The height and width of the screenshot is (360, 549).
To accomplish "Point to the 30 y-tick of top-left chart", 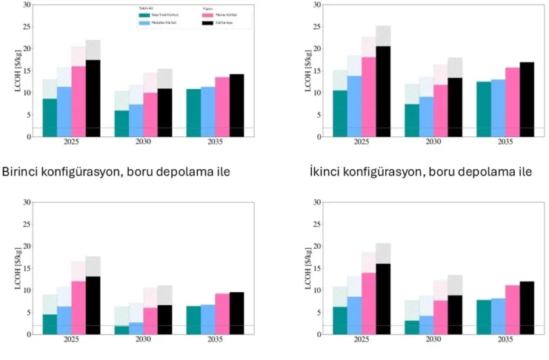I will tap(27, 4).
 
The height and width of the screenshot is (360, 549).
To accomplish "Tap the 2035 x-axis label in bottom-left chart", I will tap(215, 341).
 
